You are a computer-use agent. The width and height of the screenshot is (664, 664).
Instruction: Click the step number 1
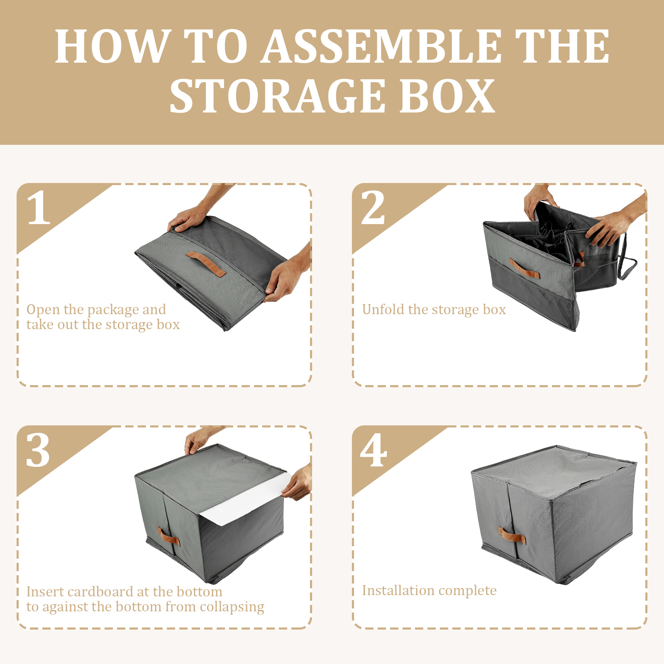[38, 207]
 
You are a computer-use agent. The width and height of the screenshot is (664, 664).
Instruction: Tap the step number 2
[373, 207]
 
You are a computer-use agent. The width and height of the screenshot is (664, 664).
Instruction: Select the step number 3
[38, 450]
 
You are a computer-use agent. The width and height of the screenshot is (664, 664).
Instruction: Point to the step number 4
[373, 450]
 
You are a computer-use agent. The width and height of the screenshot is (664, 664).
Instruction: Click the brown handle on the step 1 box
[206, 264]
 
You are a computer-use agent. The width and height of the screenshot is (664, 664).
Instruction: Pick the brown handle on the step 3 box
[168, 537]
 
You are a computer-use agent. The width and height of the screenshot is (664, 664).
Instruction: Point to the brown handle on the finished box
[512, 535]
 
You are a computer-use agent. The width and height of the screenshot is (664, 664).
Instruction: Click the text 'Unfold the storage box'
[434, 310]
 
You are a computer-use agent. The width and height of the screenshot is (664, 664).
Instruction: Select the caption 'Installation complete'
[429, 591]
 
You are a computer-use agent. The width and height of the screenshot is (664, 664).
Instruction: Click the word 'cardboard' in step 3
[100, 591]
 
